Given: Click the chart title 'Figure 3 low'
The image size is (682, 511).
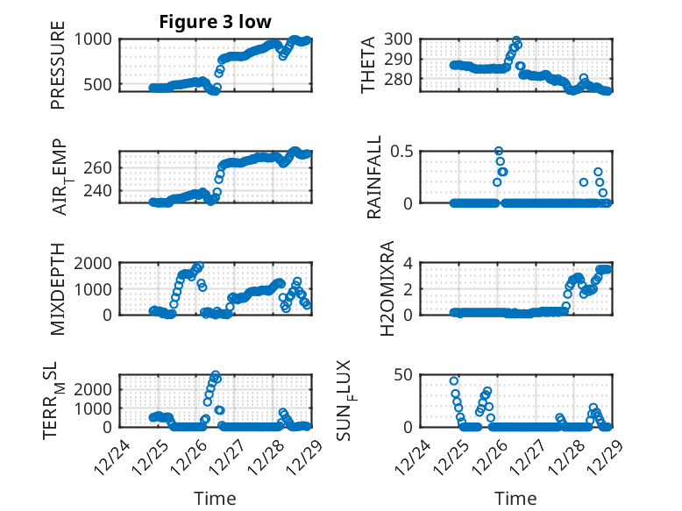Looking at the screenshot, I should coord(215,21).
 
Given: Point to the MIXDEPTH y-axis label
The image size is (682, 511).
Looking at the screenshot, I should coord(58,288).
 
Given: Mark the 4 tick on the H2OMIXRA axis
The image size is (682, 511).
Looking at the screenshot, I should coord(407,263).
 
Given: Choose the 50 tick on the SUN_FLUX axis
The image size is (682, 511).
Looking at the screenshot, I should coord(403,376).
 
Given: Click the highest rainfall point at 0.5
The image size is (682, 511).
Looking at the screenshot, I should coord(499,152).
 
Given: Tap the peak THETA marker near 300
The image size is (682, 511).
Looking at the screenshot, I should coord(516,41).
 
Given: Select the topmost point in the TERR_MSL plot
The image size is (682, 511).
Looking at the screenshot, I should coord(216,375).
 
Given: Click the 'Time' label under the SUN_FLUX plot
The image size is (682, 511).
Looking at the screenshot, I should coord(516,498).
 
